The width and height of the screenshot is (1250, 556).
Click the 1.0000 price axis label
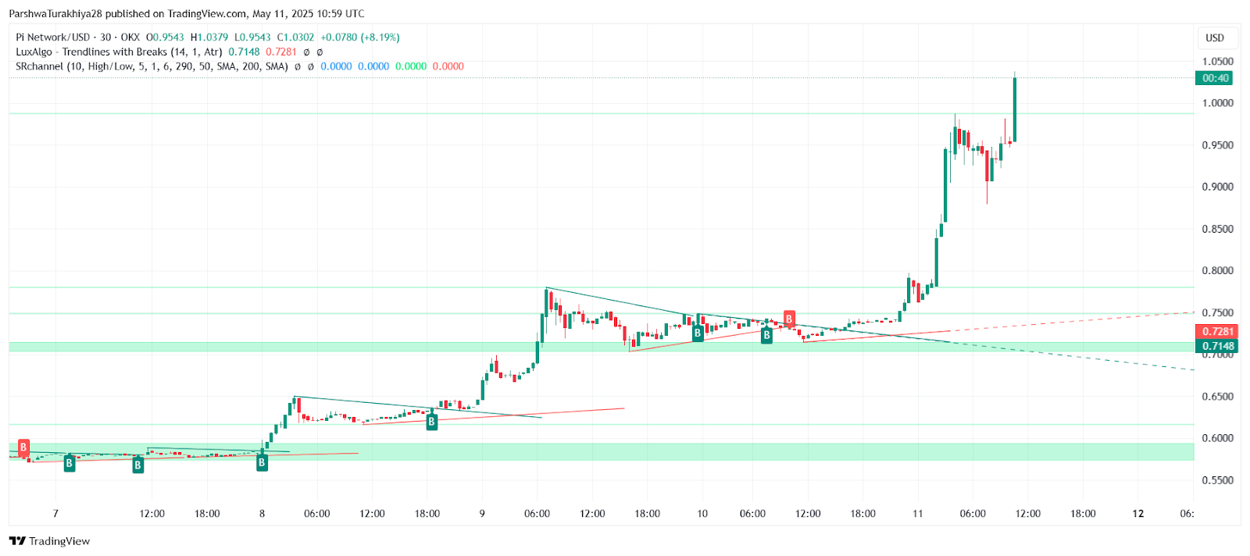tap(1217, 103)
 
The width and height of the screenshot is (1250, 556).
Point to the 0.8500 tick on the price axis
tap(1217, 229)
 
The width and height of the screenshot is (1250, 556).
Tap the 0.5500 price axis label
tap(1217, 480)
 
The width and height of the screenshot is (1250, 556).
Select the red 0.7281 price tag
tap(1217, 332)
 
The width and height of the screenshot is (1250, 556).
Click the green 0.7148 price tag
tap(1217, 346)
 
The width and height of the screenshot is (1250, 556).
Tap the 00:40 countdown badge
tap(1216, 78)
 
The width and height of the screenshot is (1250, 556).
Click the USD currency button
tap(1215, 37)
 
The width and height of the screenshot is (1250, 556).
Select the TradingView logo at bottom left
tap(50, 541)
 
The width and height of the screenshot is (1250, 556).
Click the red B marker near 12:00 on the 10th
tap(789, 319)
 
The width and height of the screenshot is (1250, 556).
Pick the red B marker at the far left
tap(23, 447)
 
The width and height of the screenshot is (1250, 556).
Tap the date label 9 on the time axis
tap(482, 514)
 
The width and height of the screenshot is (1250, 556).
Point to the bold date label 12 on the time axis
tap(1138, 514)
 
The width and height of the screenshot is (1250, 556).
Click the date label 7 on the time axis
tap(55, 514)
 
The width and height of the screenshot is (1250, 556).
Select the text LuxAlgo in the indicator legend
tap(34, 52)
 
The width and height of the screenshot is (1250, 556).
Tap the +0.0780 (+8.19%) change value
tap(360, 37)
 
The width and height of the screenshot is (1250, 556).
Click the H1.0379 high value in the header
tap(209, 37)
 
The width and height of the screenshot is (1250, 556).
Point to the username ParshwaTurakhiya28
tap(55, 14)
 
